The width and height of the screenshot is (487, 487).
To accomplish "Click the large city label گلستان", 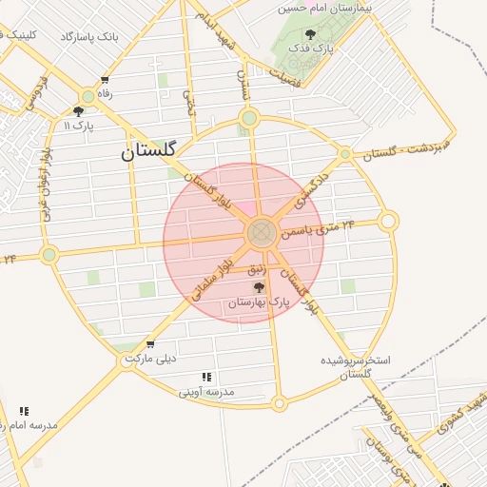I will (158, 150).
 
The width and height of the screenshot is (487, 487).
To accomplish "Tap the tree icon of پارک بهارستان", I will (259, 287).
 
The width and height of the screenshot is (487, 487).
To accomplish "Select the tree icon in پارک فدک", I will (311, 37).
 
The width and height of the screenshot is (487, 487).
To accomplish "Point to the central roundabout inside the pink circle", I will (262, 232).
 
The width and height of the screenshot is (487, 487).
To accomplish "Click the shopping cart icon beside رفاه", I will (104, 80).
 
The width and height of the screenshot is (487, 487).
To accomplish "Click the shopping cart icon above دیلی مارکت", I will (150, 344).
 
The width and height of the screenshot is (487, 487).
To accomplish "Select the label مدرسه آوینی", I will (207, 391).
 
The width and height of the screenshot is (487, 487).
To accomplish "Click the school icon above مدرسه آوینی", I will (207, 377).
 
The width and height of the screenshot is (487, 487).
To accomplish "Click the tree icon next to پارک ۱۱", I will (78, 110).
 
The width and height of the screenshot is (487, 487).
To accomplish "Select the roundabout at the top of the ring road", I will (249, 118).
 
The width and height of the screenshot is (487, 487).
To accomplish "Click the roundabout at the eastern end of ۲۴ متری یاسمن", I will (388, 222).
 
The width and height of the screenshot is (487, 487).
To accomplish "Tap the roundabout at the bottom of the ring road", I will (279, 403).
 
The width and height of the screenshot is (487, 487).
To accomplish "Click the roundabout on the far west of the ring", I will (49, 254).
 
